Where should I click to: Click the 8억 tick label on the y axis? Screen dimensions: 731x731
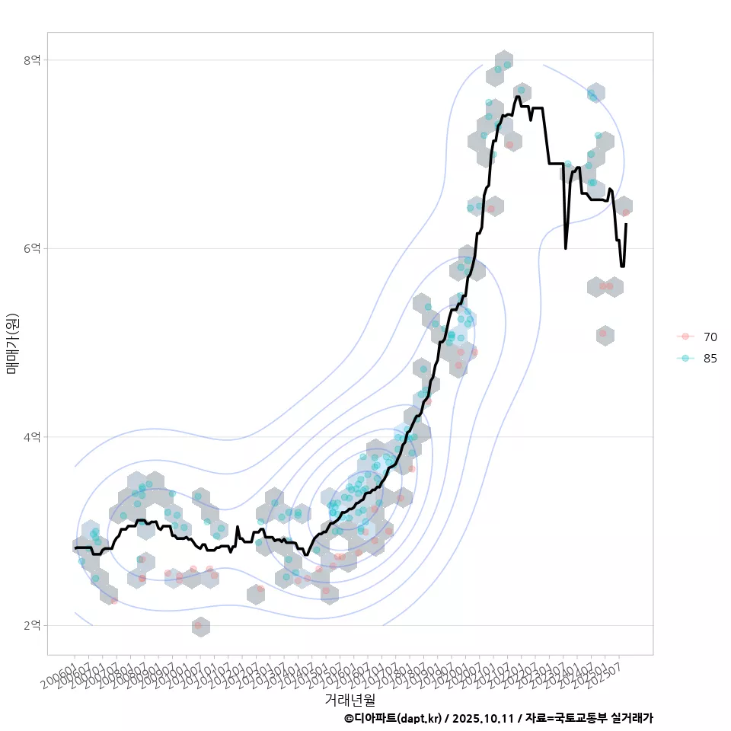pyautogui.click(x=31, y=60)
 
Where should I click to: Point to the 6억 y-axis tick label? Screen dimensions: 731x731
pyautogui.click(x=31, y=248)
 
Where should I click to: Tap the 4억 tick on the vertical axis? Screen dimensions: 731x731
pyautogui.click(x=31, y=437)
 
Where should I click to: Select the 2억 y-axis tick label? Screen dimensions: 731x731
pyautogui.click(x=31, y=625)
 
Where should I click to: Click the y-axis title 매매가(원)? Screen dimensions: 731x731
pyautogui.click(x=12, y=343)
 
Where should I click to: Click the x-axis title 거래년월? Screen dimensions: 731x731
pyautogui.click(x=350, y=699)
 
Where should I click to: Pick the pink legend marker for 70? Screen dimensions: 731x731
pyautogui.click(x=685, y=337)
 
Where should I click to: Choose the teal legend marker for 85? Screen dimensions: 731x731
pyautogui.click(x=685, y=358)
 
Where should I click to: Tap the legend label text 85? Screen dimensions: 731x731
pyautogui.click(x=710, y=358)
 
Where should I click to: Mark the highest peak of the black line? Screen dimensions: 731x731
pyautogui.click(x=518, y=96)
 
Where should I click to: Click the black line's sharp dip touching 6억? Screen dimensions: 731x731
pyautogui.click(x=565, y=247)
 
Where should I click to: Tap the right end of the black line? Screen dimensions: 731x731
pyautogui.click(x=626, y=224)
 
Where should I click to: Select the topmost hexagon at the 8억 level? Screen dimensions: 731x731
pyautogui.click(x=503, y=61)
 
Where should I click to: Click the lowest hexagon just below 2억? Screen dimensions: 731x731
pyautogui.click(x=200, y=626)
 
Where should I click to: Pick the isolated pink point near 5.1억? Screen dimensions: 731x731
pyautogui.click(x=603, y=334)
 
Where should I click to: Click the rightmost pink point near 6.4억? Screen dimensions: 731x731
pyautogui.click(x=625, y=212)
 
